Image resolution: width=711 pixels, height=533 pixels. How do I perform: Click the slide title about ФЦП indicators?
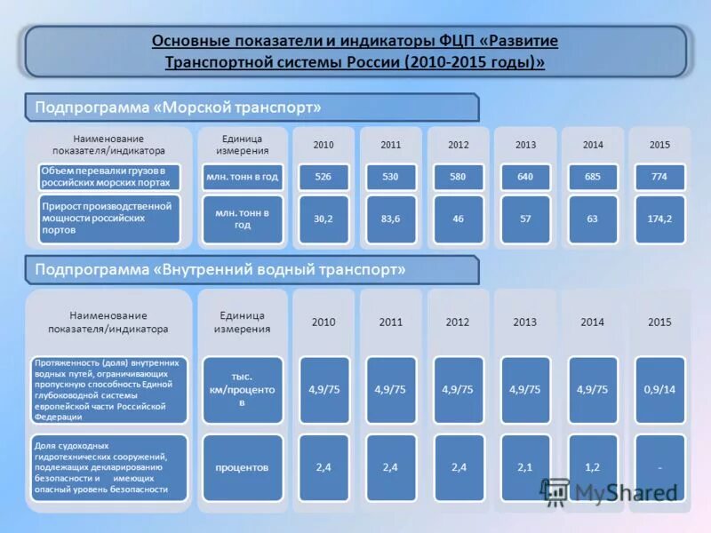point(355,52)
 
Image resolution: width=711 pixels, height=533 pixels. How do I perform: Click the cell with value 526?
point(323,177)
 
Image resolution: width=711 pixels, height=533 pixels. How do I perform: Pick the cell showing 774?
point(659,177)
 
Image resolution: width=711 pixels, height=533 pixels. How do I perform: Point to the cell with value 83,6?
point(390,219)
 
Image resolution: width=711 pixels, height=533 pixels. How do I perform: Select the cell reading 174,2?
point(659,219)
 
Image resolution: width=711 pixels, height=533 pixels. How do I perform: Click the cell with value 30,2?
point(323,219)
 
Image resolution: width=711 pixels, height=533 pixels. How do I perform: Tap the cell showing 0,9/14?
point(659,389)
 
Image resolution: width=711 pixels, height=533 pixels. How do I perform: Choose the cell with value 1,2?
point(592,466)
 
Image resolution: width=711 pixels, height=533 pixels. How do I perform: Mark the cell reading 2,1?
point(524,466)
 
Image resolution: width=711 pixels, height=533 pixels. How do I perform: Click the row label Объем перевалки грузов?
point(108,176)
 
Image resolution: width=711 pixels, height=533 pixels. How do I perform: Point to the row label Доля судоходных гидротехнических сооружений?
point(108,466)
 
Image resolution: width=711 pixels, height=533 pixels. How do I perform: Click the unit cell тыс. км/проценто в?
point(243,390)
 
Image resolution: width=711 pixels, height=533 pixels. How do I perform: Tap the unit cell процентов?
point(243,466)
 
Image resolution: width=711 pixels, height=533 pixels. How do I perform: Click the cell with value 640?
point(524,177)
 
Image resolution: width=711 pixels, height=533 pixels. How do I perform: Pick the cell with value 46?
point(458,219)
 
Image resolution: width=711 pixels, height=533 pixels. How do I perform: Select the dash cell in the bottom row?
point(659,466)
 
